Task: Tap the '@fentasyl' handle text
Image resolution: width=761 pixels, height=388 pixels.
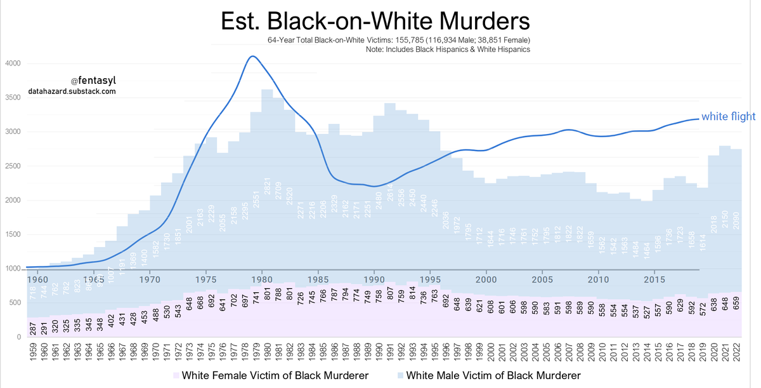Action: (93, 81)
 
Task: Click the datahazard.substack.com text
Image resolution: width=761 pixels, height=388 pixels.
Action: (72, 91)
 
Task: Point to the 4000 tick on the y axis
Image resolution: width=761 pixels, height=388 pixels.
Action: (13, 64)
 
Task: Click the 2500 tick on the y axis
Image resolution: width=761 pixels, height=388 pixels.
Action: (13, 166)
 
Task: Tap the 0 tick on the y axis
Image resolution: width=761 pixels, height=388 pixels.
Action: (18, 337)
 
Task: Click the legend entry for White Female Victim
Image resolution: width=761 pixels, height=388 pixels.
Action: (270, 375)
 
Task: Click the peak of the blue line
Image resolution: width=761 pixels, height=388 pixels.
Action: (252, 57)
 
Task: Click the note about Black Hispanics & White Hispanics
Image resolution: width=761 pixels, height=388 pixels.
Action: (448, 50)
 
